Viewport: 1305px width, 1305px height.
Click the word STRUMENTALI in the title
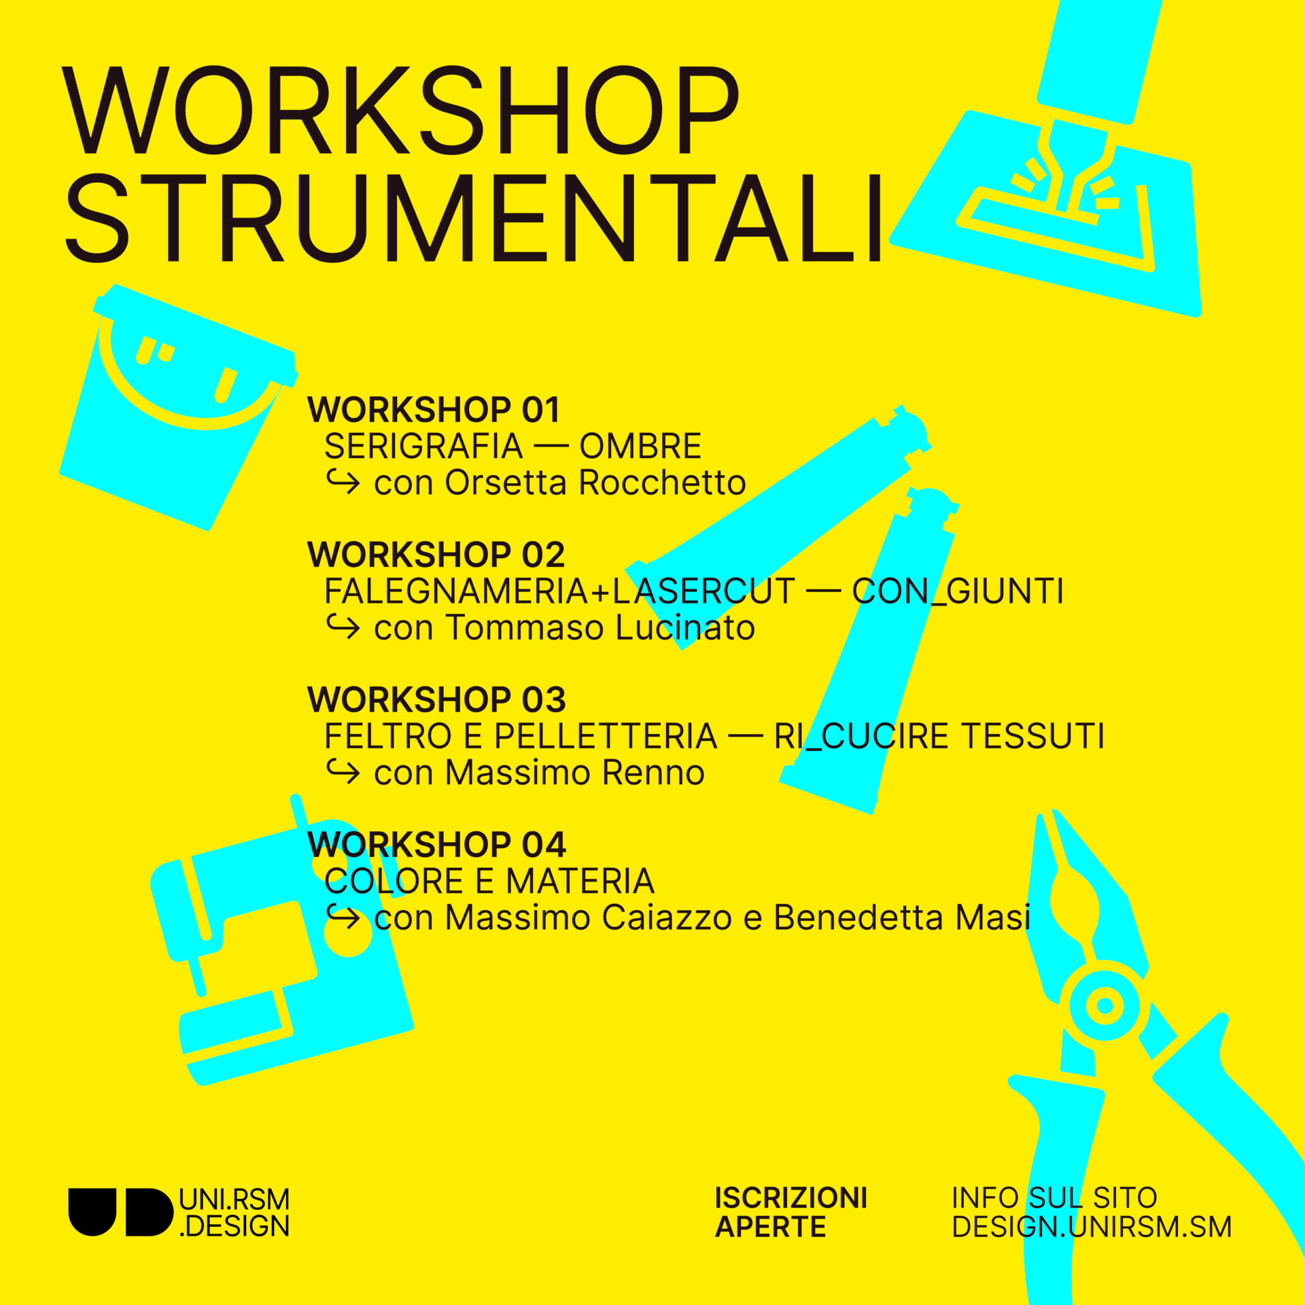point(474,219)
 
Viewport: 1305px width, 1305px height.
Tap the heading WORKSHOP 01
point(434,410)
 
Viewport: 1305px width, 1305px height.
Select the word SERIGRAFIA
point(423,447)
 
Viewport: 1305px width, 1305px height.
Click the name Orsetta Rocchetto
point(595,483)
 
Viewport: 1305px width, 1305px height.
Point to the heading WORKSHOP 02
point(436,555)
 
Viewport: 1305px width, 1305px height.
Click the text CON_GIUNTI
point(958,591)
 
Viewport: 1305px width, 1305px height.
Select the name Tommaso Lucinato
point(600,627)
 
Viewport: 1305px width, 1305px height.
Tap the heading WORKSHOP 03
point(436,700)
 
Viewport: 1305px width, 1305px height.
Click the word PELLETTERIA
point(606,736)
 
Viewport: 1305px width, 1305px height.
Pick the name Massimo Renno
point(575,773)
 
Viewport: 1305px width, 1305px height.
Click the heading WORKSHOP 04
point(436,845)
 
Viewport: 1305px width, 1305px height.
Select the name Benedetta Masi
point(902,918)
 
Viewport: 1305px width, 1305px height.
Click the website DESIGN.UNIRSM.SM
point(1092,1227)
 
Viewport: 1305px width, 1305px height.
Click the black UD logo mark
point(121,1212)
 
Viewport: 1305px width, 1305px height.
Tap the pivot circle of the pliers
point(1104,1005)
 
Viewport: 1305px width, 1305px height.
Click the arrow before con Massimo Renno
point(343,772)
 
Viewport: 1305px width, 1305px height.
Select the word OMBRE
point(640,447)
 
